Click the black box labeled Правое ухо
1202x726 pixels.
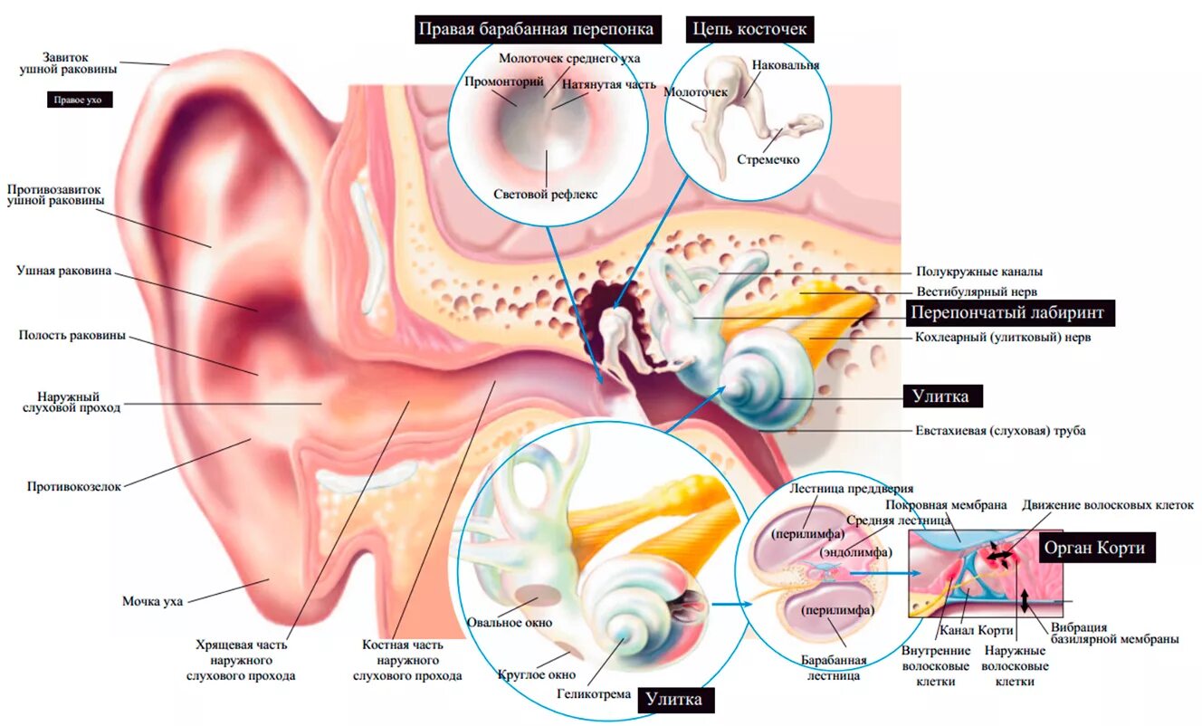pos(80,100)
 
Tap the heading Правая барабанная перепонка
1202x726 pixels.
pos(535,29)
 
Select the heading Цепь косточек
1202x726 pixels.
pos(749,29)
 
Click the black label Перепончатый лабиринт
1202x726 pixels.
pos(1009,313)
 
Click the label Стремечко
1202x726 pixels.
pos(768,160)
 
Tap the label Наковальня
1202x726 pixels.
pos(785,66)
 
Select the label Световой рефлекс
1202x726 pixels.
pos(546,195)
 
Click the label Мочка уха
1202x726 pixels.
pos(153,601)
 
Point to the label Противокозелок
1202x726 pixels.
pos(74,486)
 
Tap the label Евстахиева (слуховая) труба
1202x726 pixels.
pos(1000,431)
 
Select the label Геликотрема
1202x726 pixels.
pos(593,694)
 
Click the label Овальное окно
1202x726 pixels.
pos(509,623)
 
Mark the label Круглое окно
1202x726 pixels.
pos(537,674)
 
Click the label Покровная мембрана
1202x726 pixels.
pos(946,505)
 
